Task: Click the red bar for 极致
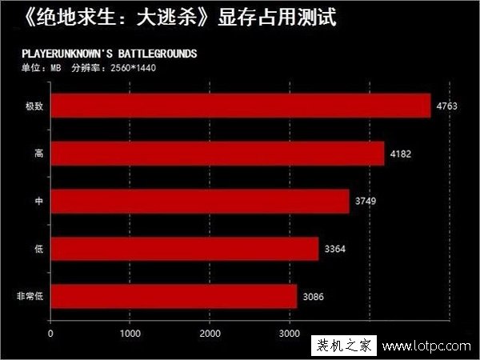tap(240, 106)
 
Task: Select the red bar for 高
tap(217, 153)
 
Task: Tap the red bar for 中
tap(199, 201)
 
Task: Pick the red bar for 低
tap(184, 249)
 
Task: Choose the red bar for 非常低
tap(173, 296)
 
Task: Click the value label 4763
tap(446, 106)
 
